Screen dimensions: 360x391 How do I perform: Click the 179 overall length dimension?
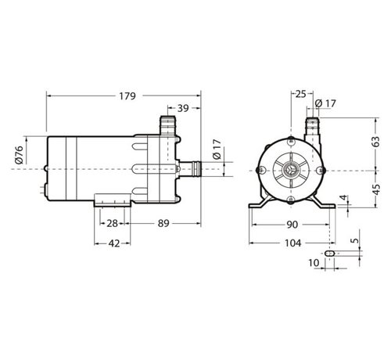click(x=127, y=96)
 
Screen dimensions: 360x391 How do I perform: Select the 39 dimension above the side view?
click(x=183, y=107)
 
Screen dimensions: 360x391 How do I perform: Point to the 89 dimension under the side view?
click(x=163, y=224)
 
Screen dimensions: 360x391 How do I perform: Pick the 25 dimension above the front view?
click(x=301, y=95)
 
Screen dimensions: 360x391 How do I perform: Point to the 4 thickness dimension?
click(x=343, y=198)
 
